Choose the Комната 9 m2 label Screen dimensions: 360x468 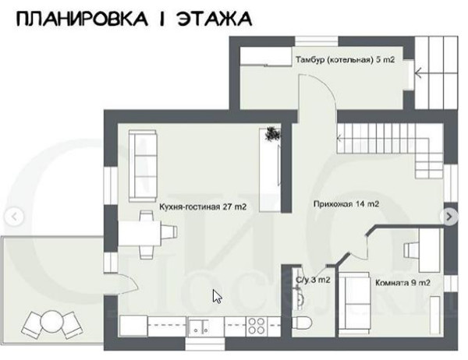click(x=402, y=282)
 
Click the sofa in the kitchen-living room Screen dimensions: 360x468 click(x=143, y=165)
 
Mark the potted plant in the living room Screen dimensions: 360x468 click(x=272, y=135)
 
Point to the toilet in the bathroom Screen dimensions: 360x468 click(x=304, y=323)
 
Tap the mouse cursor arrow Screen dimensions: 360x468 click(x=217, y=297)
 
